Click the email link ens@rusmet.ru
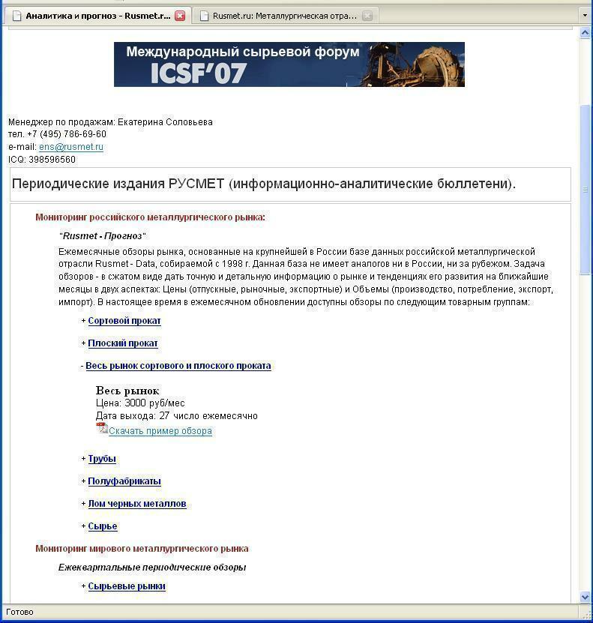[71, 147]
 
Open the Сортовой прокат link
[124, 321]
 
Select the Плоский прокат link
[123, 343]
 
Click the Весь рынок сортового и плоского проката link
[178, 366]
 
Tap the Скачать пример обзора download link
[160, 431]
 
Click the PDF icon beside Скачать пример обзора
[102, 428]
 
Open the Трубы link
[102, 459]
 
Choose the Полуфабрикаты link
[124, 481]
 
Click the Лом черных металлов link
[137, 504]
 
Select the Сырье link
[103, 526]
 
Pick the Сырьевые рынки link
[127, 586]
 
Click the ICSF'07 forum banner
[289, 64]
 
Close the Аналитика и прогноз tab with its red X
[180, 16]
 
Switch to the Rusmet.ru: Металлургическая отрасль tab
[284, 16]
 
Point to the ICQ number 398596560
[52, 160]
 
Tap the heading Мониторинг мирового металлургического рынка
[142, 549]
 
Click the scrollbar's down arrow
[586, 597]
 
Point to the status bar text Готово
[19, 612]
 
